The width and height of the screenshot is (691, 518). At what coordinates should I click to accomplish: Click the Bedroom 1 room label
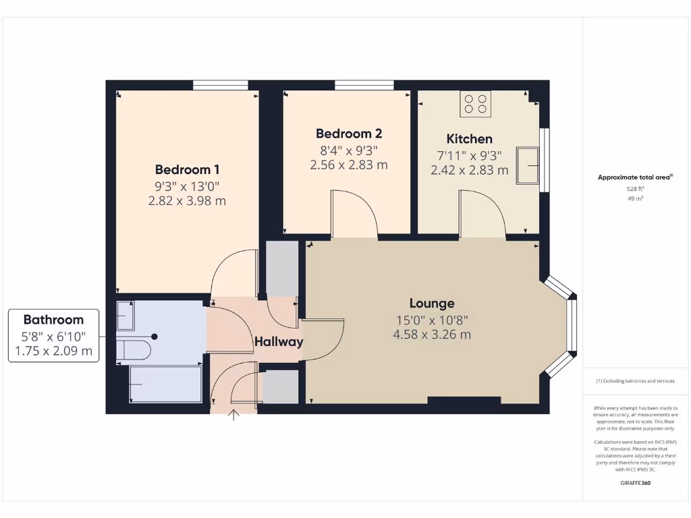(187, 169)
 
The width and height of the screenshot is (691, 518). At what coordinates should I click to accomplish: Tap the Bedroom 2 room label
(349, 134)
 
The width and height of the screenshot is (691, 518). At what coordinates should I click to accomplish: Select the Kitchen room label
(470, 139)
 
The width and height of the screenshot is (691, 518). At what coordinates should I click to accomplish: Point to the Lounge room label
(432, 304)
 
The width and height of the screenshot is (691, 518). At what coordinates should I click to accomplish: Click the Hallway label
(279, 342)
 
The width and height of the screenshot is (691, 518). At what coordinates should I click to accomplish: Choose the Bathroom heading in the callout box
(53, 320)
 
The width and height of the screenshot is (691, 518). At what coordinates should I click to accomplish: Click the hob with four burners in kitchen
(476, 103)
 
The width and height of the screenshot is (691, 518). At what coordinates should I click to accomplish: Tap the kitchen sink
(528, 165)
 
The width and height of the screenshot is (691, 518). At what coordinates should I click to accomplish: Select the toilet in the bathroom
(134, 349)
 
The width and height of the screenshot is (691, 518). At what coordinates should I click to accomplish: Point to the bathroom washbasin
(126, 314)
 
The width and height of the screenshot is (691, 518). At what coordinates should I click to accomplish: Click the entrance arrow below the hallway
(234, 414)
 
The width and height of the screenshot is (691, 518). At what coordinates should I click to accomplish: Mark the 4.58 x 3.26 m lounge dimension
(433, 335)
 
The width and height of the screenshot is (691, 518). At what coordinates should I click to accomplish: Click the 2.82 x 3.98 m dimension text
(187, 200)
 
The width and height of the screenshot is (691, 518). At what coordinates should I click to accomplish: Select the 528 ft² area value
(634, 190)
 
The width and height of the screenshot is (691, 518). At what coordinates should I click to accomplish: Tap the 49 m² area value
(634, 199)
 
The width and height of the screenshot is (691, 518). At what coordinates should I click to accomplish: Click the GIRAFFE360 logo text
(634, 483)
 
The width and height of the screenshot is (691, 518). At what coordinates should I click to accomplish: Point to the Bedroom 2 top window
(364, 85)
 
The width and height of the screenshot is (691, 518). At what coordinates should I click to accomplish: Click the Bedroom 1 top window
(220, 85)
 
